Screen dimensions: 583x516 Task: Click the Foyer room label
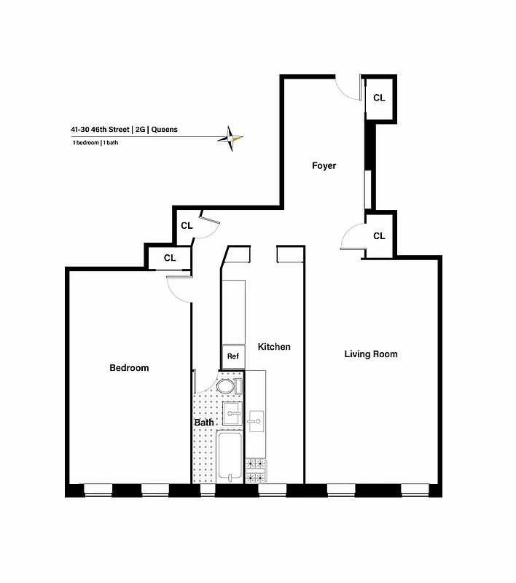pos(324,166)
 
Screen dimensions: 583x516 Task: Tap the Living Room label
pos(371,354)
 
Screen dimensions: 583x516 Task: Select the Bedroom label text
pos(129,368)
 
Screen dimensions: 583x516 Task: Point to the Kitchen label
pos(273,347)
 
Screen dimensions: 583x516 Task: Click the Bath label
pos(204,422)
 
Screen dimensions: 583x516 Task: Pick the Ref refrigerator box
pos(233,356)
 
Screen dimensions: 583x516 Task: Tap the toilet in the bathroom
pos(227,386)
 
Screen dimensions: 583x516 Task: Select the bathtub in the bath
pos(230,456)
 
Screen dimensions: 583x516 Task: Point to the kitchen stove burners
pos(256,471)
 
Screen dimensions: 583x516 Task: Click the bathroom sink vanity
pos(232,415)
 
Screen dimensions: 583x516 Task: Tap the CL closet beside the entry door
pos(379,98)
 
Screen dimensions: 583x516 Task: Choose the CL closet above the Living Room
pos(379,236)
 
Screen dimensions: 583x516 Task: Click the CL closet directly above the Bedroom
pos(169,258)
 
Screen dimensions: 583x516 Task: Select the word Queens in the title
pos(164,130)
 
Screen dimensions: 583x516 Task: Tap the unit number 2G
pos(140,130)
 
